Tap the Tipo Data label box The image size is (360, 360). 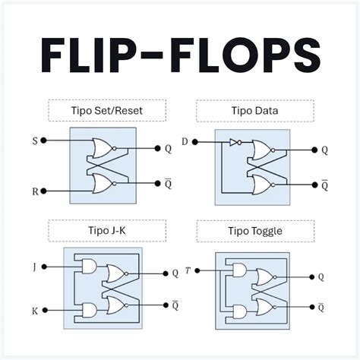click(254, 111)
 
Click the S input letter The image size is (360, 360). click(34, 141)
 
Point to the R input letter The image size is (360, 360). click(34, 191)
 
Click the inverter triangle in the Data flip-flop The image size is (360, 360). click(234, 141)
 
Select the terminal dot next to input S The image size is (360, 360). click(46, 141)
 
